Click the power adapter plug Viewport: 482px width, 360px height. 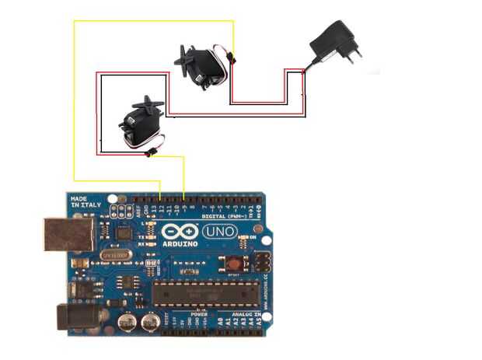[x=333, y=44]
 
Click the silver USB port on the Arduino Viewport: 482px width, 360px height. [x=65, y=234]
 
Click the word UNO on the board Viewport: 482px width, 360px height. [x=221, y=231]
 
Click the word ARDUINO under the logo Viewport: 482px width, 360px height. [x=180, y=244]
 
